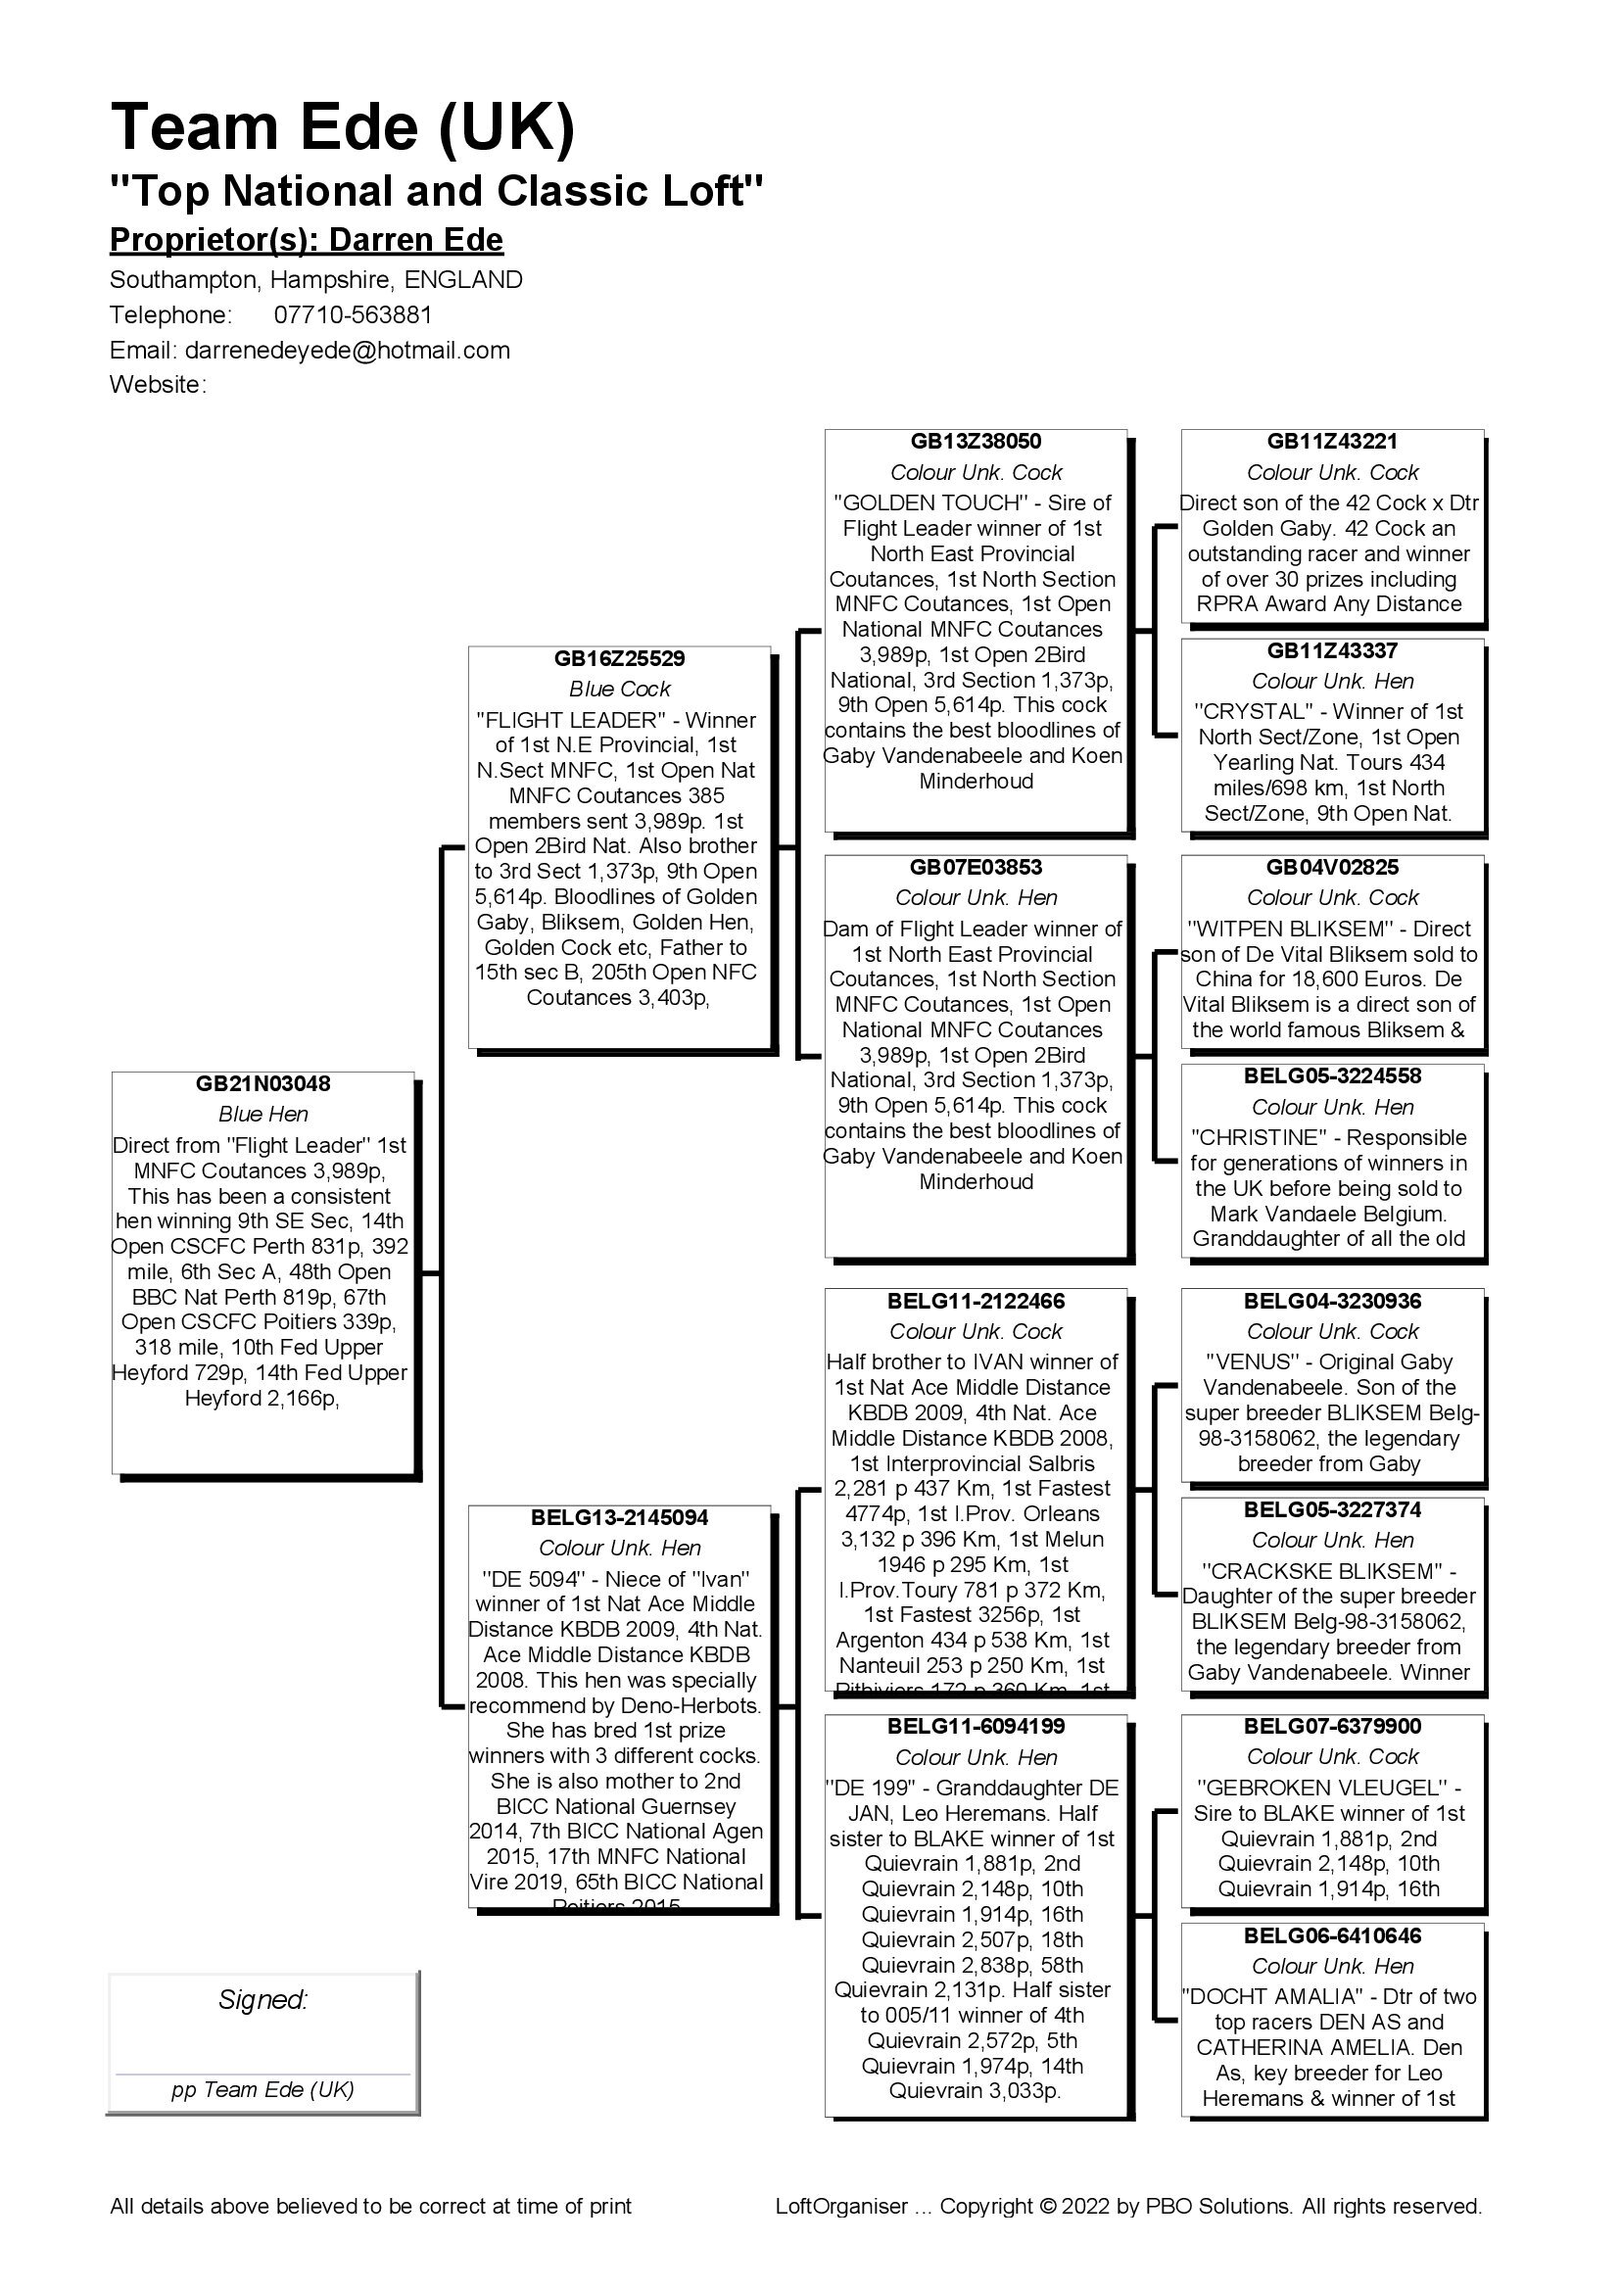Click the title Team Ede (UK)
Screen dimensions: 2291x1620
click(x=342, y=126)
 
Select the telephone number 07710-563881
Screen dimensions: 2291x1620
click(x=354, y=315)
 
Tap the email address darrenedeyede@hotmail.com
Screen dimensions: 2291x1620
click(x=347, y=351)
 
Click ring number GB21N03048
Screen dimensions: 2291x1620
click(x=263, y=1083)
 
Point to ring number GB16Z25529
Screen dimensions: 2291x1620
click(x=619, y=658)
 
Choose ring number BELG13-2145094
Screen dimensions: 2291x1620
click(x=619, y=1517)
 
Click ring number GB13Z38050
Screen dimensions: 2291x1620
click(x=976, y=441)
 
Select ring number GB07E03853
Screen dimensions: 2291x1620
click(x=976, y=867)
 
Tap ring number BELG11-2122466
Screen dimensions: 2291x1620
click(x=976, y=1301)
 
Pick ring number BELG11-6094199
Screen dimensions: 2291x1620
click(x=976, y=1726)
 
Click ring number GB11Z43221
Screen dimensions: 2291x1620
click(x=1332, y=441)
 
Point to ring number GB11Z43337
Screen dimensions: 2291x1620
click(x=1332, y=650)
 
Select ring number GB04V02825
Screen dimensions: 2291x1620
click(x=1332, y=867)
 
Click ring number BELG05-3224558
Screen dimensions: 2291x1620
click(x=1332, y=1075)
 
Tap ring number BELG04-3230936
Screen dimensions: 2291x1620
click(x=1332, y=1301)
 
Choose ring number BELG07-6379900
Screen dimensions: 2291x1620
click(x=1332, y=1726)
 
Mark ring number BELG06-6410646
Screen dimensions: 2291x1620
click(x=1332, y=1935)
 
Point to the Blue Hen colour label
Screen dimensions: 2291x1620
click(x=263, y=1115)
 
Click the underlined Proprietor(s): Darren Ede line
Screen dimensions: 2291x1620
click(x=307, y=241)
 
